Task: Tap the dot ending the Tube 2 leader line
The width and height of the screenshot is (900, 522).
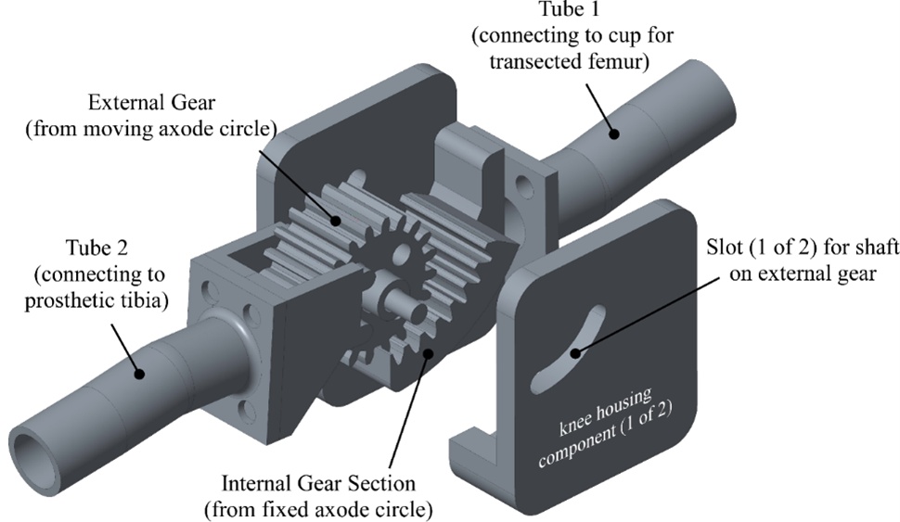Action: [x=138, y=373]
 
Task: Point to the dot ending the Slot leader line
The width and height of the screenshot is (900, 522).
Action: [x=576, y=351]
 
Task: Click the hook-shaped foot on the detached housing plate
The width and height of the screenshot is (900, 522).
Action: [x=465, y=446]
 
